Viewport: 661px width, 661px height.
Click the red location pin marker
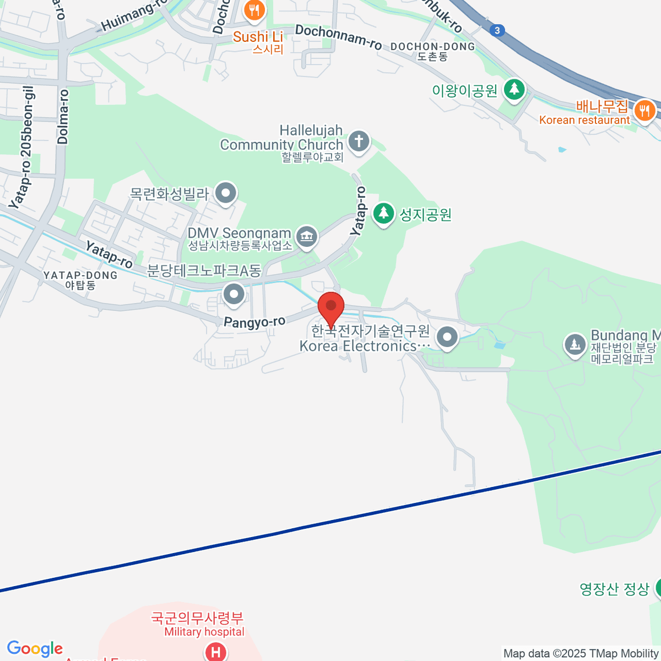point(331,307)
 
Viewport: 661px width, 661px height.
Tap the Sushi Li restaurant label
point(258,37)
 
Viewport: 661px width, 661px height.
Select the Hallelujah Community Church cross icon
point(359,142)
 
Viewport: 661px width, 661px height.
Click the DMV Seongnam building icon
point(306,237)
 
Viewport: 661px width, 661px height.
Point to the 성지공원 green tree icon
point(383,213)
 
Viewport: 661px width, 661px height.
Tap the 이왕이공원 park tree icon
point(514,89)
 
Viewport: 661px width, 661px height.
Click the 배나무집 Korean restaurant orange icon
point(643,110)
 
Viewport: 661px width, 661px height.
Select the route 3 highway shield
point(497,30)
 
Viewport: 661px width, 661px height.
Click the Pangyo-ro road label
point(254,322)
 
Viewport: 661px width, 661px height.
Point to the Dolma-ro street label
point(63,117)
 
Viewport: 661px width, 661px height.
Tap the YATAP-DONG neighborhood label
point(80,280)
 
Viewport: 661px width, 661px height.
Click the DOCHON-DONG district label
point(432,51)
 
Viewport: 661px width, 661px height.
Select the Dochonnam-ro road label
point(338,37)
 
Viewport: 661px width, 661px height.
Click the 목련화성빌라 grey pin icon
point(225,193)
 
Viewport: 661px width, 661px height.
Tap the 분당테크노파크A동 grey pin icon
point(234,294)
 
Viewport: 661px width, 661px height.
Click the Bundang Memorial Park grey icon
point(575,345)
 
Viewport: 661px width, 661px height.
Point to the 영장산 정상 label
point(614,589)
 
